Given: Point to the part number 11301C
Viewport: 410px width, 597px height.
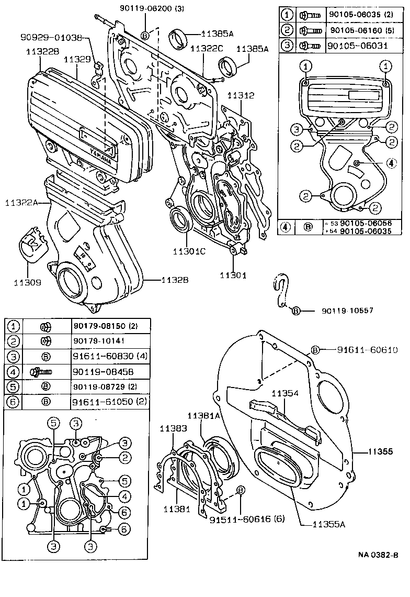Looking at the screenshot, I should pos(189,251).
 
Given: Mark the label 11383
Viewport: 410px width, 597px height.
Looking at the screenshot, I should pos(172,428).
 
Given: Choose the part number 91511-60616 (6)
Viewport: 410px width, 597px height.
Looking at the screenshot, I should pos(240,520).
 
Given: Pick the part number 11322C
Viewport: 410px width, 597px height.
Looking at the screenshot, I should pos(207,49).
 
